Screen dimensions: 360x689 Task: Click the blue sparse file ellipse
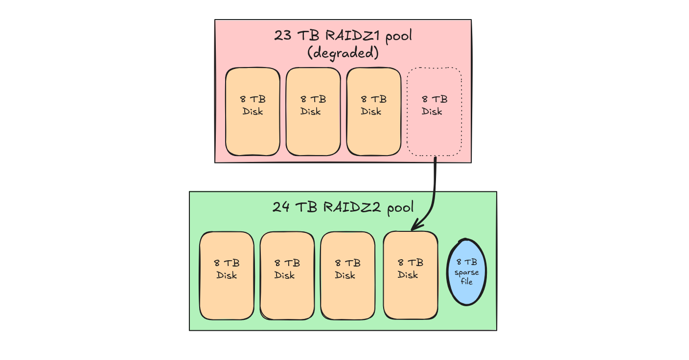click(x=467, y=272)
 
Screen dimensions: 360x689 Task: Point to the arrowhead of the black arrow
click(x=413, y=228)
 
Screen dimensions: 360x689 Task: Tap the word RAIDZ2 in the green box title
click(x=353, y=207)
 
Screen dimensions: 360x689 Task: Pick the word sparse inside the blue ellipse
click(x=467, y=272)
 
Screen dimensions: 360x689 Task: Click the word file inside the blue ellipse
click(x=467, y=281)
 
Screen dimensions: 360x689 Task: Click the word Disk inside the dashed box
click(x=432, y=112)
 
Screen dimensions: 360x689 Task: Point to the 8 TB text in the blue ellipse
click(x=467, y=263)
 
